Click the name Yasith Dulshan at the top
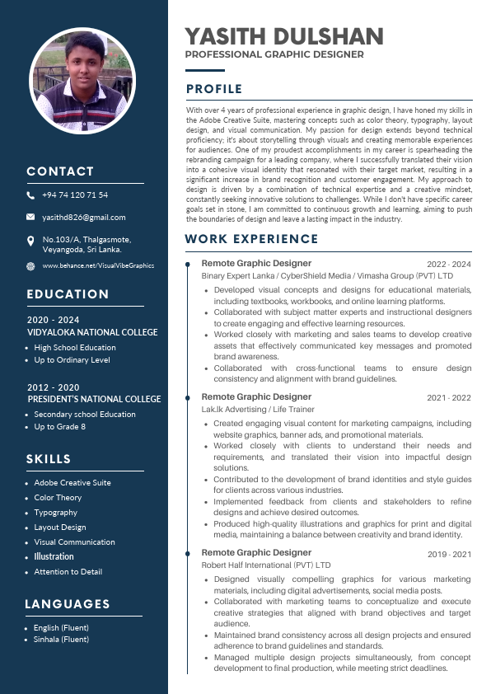(284, 36)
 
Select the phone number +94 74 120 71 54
(75, 195)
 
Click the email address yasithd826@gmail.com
(83, 218)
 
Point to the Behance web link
(98, 265)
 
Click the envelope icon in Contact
(30, 218)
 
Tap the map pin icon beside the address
(30, 240)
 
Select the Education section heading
(68, 294)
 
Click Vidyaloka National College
(92, 332)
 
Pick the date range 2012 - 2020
(53, 387)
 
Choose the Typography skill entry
(56, 513)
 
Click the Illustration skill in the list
(54, 557)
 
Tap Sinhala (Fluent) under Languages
(61, 640)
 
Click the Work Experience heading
(252, 239)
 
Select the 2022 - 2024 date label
(448, 265)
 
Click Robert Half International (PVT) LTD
(266, 565)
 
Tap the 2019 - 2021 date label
(448, 555)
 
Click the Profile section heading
(214, 89)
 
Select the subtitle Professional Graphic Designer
(274, 54)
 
